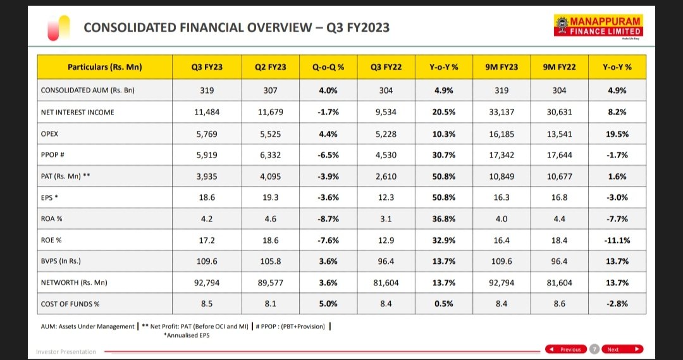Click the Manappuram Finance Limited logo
(x=598, y=27)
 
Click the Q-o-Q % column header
(x=327, y=66)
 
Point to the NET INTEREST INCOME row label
(x=77, y=112)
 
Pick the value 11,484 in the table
(x=207, y=112)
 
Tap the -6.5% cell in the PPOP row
(x=327, y=154)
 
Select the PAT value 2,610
(x=386, y=177)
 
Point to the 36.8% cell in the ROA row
(x=444, y=219)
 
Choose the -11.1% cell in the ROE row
(x=617, y=240)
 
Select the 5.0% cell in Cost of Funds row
(x=327, y=304)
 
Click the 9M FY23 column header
(x=501, y=66)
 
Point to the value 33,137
(x=501, y=112)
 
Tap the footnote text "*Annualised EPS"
(x=187, y=335)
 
